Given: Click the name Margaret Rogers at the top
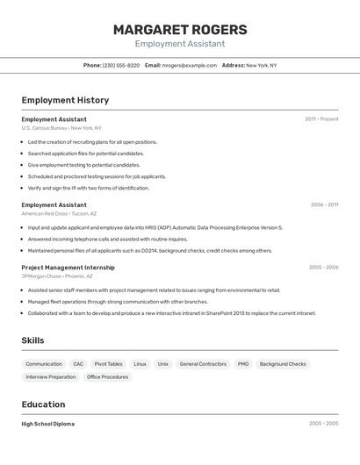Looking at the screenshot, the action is (180, 30).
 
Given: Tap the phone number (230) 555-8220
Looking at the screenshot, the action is (120, 66).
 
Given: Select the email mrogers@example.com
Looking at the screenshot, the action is (190, 66).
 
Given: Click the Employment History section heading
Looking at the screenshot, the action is (65, 100).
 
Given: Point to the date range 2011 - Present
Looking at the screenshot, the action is (321, 119).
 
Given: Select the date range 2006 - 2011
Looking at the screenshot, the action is (324, 205).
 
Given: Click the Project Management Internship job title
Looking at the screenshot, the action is (68, 268).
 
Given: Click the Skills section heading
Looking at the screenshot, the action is (32, 340).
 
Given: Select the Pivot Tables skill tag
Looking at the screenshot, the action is (108, 364).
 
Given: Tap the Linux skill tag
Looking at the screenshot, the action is (140, 364).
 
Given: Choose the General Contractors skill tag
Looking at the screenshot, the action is (203, 364).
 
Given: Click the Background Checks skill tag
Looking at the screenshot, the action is (283, 364).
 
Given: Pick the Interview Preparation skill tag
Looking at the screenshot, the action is (51, 377).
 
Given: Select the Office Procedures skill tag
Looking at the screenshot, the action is (107, 377).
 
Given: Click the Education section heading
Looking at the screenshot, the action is (43, 404).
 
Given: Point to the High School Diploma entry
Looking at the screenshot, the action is (48, 424).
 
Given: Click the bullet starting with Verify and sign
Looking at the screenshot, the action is (88, 188).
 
